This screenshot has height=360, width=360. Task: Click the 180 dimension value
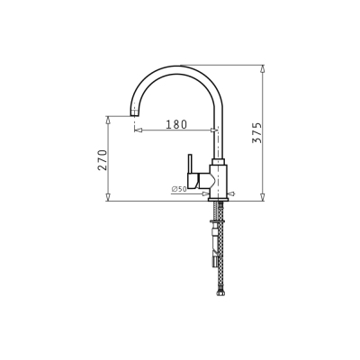(176, 124)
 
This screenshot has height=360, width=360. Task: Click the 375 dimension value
(256, 132)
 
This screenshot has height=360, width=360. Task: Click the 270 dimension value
(103, 160)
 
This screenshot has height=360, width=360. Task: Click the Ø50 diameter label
(179, 189)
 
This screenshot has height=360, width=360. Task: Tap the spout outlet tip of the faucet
(135, 114)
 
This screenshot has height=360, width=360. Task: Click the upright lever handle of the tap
(190, 164)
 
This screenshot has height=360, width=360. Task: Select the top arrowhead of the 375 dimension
(263, 68)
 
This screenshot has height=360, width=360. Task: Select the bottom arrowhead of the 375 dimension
(263, 197)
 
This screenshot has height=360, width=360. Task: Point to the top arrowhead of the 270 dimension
(108, 120)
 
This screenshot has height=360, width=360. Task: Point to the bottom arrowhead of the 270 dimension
(108, 197)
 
